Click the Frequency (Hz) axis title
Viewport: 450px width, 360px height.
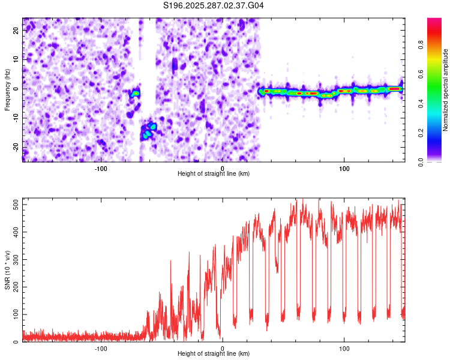(7, 89)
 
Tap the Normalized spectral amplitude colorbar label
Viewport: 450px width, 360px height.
(445, 90)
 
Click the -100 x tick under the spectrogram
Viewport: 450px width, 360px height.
(101, 168)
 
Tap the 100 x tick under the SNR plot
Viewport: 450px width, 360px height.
(344, 348)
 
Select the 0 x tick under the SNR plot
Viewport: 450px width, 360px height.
(223, 348)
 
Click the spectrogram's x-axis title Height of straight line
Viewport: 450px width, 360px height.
(214, 174)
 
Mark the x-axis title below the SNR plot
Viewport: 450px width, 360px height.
(214, 354)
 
